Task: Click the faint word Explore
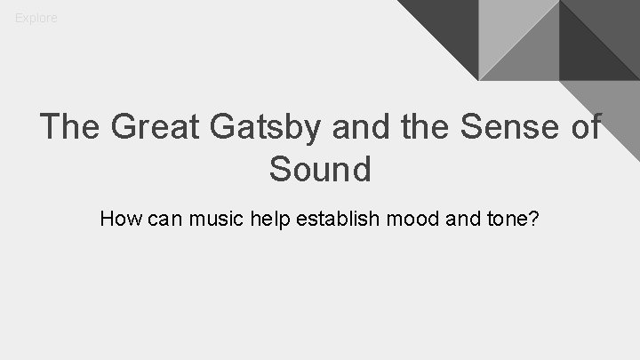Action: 36,18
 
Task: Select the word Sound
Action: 320,169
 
